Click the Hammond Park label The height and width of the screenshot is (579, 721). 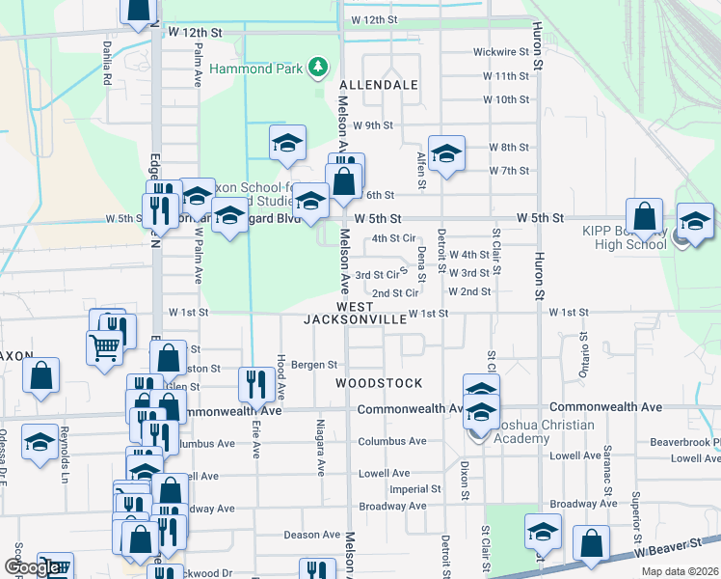(x=257, y=70)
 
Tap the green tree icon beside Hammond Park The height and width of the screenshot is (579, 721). (x=316, y=67)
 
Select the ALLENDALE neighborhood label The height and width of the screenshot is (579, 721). (x=379, y=85)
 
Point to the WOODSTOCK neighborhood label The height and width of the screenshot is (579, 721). (x=379, y=383)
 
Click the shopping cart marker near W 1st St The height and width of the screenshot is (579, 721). (x=104, y=346)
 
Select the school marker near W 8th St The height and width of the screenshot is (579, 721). (x=446, y=152)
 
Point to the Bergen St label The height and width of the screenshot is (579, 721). (x=314, y=365)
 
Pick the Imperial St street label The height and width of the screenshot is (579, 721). (x=415, y=489)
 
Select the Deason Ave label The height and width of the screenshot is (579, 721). (x=311, y=535)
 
